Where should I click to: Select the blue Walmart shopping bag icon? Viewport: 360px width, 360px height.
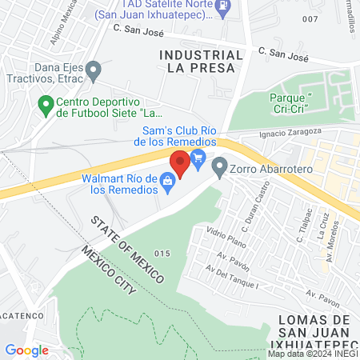[168, 182]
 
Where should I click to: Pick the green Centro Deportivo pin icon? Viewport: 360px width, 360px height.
[46, 103]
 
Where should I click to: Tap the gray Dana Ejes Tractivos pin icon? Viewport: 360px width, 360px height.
[94, 72]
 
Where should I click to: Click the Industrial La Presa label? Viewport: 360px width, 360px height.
[201, 61]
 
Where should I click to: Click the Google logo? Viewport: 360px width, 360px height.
[26, 350]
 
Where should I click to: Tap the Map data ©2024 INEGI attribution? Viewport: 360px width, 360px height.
[312, 354]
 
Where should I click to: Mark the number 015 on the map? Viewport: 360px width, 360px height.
[162, 254]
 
